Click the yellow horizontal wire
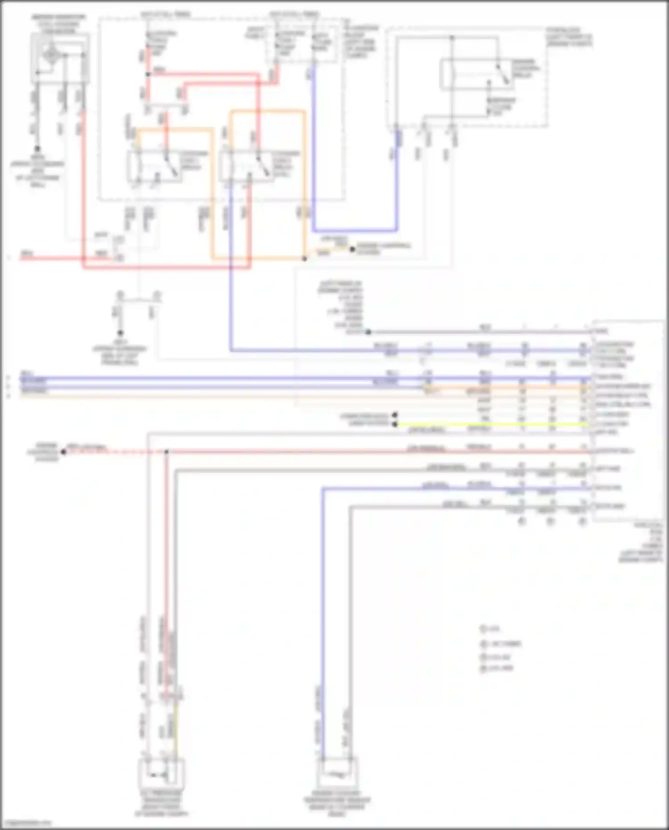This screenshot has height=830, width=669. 491,424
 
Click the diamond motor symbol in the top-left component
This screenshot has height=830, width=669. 51,54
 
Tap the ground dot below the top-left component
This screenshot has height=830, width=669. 37,149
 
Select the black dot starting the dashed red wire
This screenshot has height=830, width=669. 64,452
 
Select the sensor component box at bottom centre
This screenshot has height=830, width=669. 338,774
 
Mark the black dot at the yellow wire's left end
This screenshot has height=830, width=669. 395,424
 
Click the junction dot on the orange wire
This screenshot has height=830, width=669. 305,259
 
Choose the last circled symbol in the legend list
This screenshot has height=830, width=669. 483,668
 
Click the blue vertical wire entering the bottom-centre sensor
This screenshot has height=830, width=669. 322,624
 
